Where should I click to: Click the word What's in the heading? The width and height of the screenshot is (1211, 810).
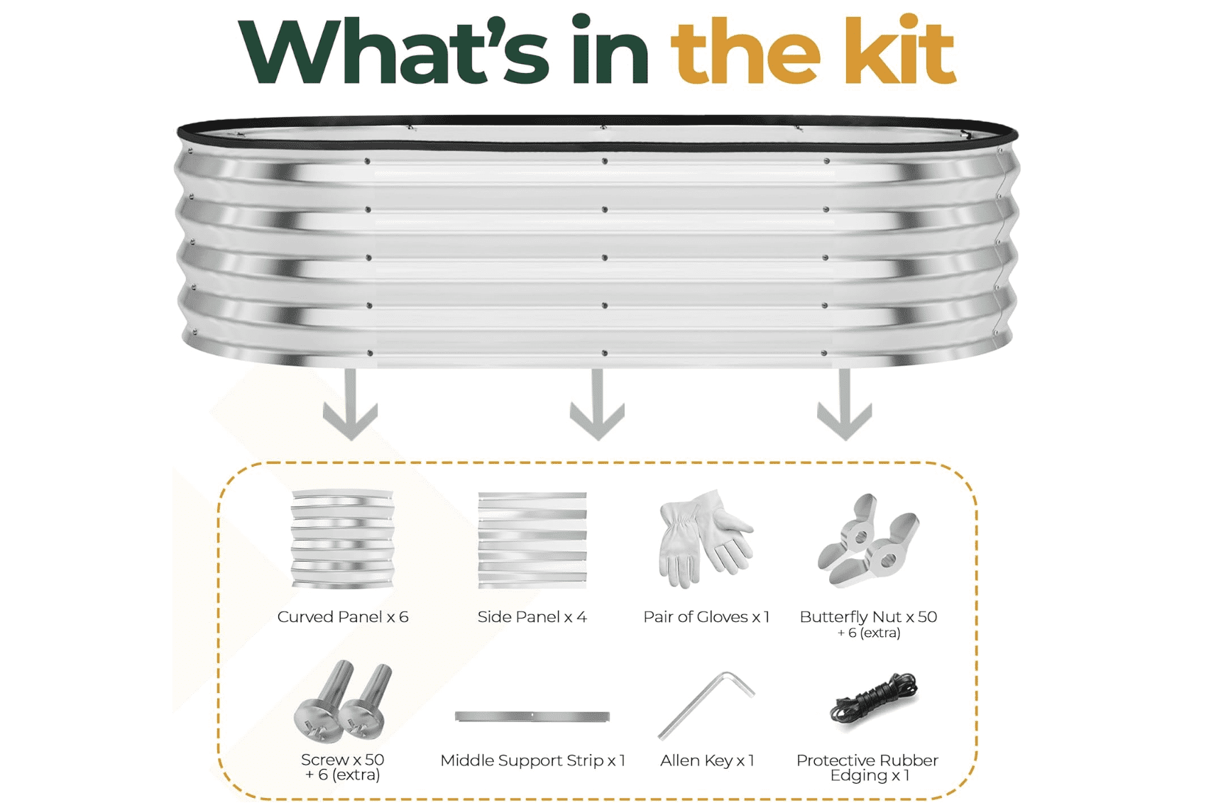[x=393, y=50]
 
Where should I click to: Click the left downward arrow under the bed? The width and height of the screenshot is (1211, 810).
[x=351, y=404]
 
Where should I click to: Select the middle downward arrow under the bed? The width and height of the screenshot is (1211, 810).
[x=597, y=404]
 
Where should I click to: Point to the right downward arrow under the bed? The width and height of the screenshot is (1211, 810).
[x=844, y=404]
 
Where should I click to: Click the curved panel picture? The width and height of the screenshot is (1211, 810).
[x=343, y=539]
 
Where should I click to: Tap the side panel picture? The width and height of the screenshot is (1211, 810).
[x=532, y=540]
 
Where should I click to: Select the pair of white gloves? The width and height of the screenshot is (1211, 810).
[x=706, y=539]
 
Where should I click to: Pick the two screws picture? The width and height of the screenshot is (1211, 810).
[x=343, y=701]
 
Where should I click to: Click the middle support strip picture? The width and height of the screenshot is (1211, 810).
[x=532, y=716]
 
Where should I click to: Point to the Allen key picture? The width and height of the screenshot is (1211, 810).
[x=706, y=705]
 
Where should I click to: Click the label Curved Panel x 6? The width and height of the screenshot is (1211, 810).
[x=343, y=617]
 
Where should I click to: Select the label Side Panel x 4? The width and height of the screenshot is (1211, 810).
[x=532, y=617]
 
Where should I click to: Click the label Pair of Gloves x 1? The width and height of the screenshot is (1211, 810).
[x=706, y=617]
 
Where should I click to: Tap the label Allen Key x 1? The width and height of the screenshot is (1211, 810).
[x=707, y=761]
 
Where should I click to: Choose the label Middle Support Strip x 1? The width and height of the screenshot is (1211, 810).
[x=532, y=761]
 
